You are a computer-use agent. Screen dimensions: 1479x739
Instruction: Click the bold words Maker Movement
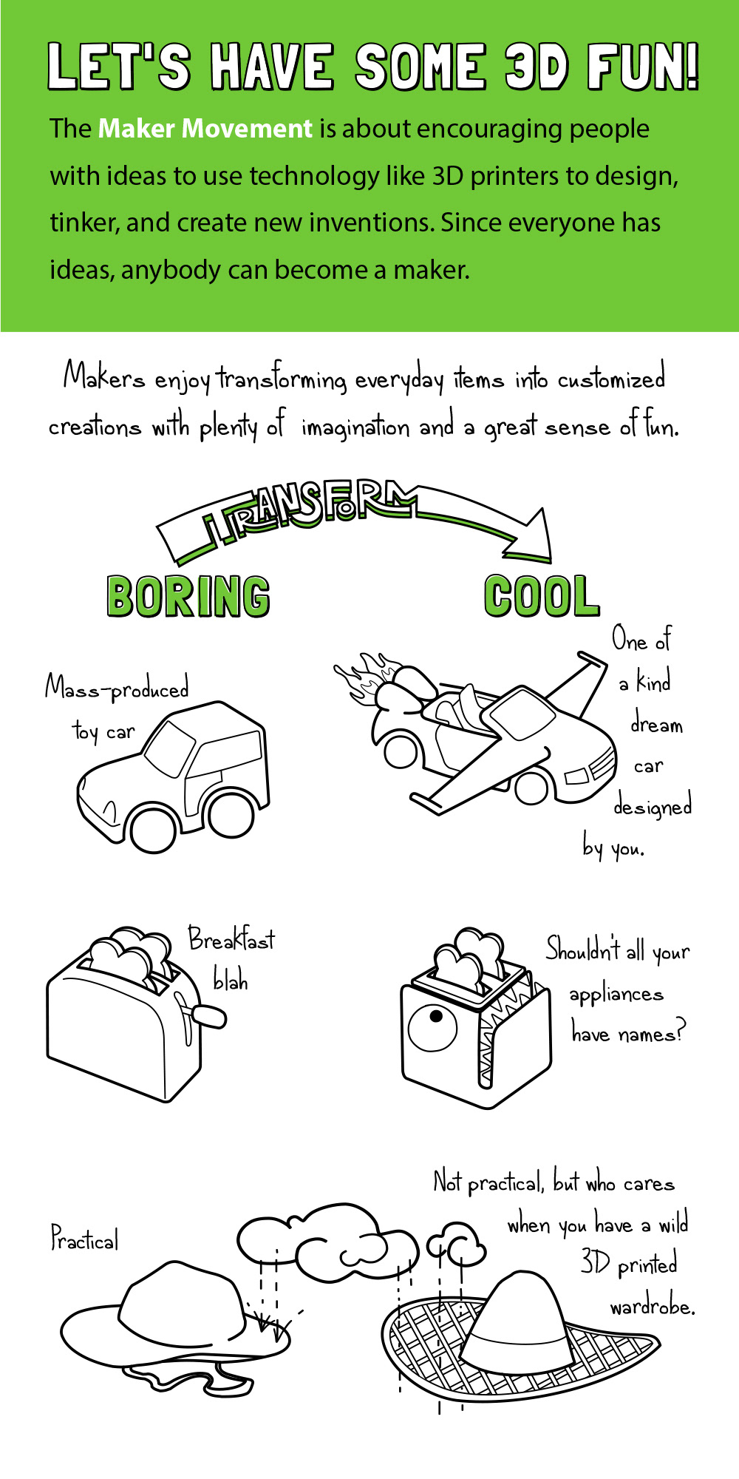(205, 129)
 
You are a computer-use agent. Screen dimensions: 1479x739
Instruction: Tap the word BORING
(188, 596)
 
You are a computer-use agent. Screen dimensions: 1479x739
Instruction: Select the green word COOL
(541, 596)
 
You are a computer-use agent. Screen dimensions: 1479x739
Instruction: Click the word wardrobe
(652, 1307)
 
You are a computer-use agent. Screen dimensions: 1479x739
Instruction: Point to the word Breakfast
(231, 939)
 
